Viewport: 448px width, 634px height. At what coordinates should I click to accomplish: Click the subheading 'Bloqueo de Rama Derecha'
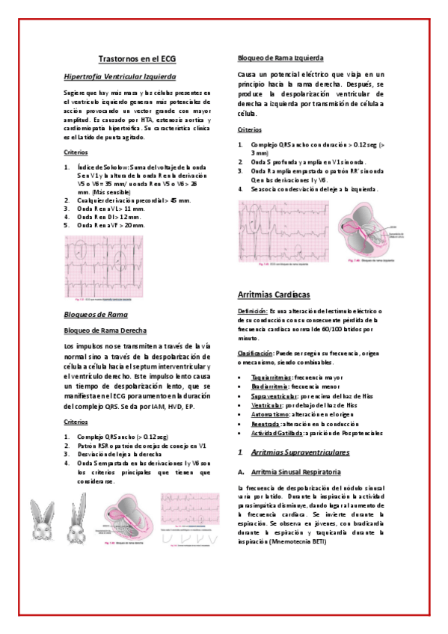105,330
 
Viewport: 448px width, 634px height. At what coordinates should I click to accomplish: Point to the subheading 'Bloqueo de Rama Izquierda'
280,58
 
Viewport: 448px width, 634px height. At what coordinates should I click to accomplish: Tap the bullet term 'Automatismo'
270,413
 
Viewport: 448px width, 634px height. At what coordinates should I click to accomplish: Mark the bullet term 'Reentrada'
266,423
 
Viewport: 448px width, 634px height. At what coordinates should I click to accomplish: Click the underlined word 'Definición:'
253,310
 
